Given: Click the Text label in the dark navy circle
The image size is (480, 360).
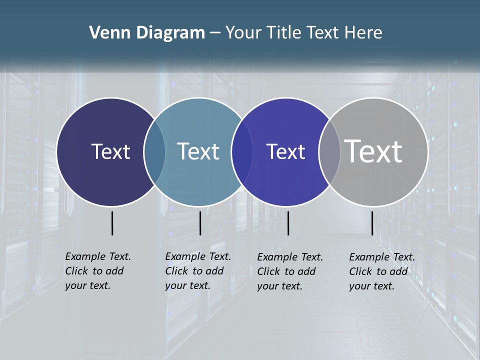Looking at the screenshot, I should coord(110,151).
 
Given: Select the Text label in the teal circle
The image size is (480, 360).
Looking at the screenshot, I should coord(198,151).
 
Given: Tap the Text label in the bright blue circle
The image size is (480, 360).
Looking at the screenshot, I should coord(285,151).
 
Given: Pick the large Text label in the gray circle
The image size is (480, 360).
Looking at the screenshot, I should coord(373,151).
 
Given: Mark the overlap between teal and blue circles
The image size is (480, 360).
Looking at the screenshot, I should coord(242,151).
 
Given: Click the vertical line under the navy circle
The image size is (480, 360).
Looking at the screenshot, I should coord(112,223).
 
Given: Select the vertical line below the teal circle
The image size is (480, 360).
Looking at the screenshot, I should coord(200,223).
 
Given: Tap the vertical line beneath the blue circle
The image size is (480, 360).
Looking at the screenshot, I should coord(288,223).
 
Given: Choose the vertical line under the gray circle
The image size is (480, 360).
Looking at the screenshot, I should coord(372,223).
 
